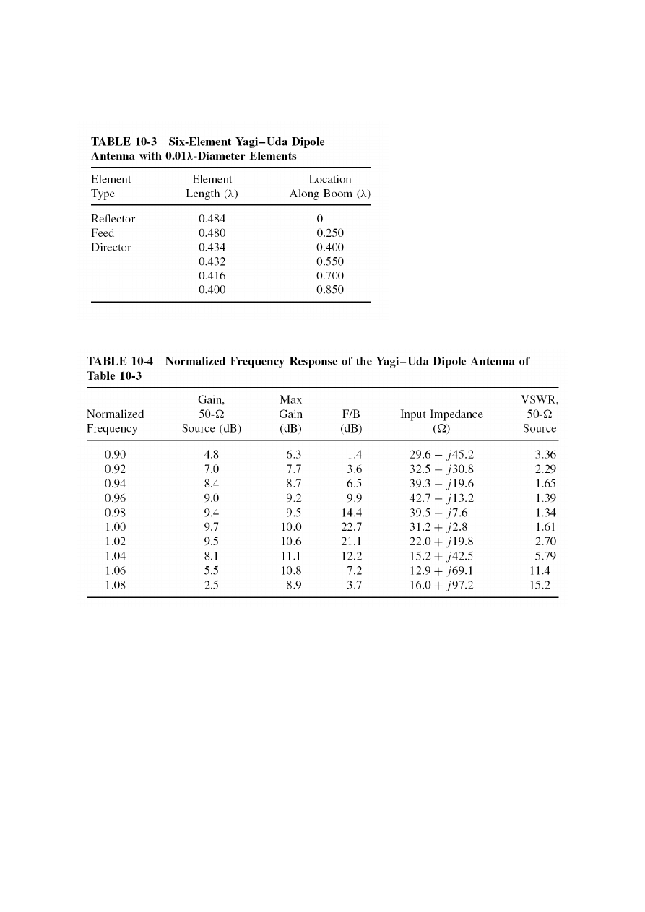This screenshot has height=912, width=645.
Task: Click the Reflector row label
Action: point(113,219)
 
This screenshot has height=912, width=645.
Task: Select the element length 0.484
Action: point(212,219)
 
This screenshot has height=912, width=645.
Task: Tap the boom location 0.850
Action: point(330,290)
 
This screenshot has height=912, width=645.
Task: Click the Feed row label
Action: point(103,233)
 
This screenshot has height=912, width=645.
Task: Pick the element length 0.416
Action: point(212,276)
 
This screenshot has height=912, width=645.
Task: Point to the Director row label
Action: point(111,248)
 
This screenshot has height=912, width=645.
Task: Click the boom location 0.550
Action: point(330,261)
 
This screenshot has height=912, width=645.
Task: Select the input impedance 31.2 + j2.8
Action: point(441,528)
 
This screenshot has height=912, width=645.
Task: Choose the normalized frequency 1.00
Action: point(116,528)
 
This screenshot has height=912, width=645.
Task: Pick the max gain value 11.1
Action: point(290,556)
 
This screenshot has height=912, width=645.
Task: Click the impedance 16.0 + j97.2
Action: point(441,585)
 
